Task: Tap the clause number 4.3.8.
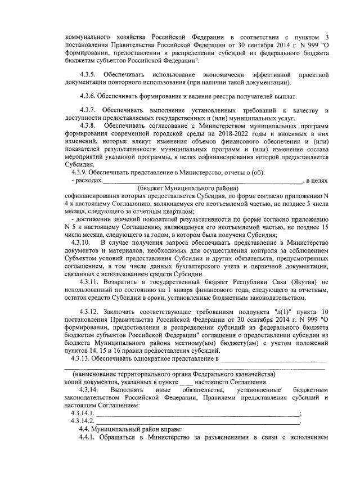click(x=89, y=125)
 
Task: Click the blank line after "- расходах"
click(x=202, y=181)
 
